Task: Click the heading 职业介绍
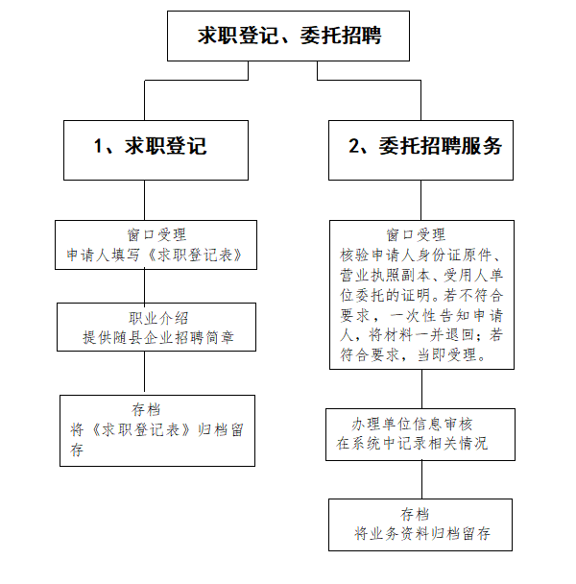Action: pyautogui.click(x=158, y=319)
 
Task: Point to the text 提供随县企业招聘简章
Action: pyautogui.click(x=158, y=337)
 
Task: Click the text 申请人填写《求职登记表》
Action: pyautogui.click(x=155, y=255)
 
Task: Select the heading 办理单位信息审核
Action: pyautogui.click(x=412, y=424)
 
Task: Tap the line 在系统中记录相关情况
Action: pyautogui.click(x=412, y=443)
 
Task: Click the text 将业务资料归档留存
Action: pyautogui.click(x=422, y=533)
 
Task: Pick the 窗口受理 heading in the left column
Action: pyautogui.click(x=156, y=235)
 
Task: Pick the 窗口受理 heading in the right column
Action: pyautogui.click(x=416, y=235)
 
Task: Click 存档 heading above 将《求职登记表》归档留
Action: pyautogui.click(x=146, y=410)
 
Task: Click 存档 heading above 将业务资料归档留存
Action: pyautogui.click(x=415, y=514)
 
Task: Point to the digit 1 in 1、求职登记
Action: pyautogui.click(x=98, y=146)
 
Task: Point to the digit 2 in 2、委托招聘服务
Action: pyautogui.click(x=353, y=146)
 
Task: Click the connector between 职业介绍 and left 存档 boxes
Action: pyautogui.click(x=144, y=373)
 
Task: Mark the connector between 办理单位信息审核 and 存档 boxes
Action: pyautogui.click(x=421, y=479)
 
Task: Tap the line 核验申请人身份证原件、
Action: pyautogui.click(x=420, y=255)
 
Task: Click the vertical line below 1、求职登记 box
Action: pyautogui.click(x=144, y=201)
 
